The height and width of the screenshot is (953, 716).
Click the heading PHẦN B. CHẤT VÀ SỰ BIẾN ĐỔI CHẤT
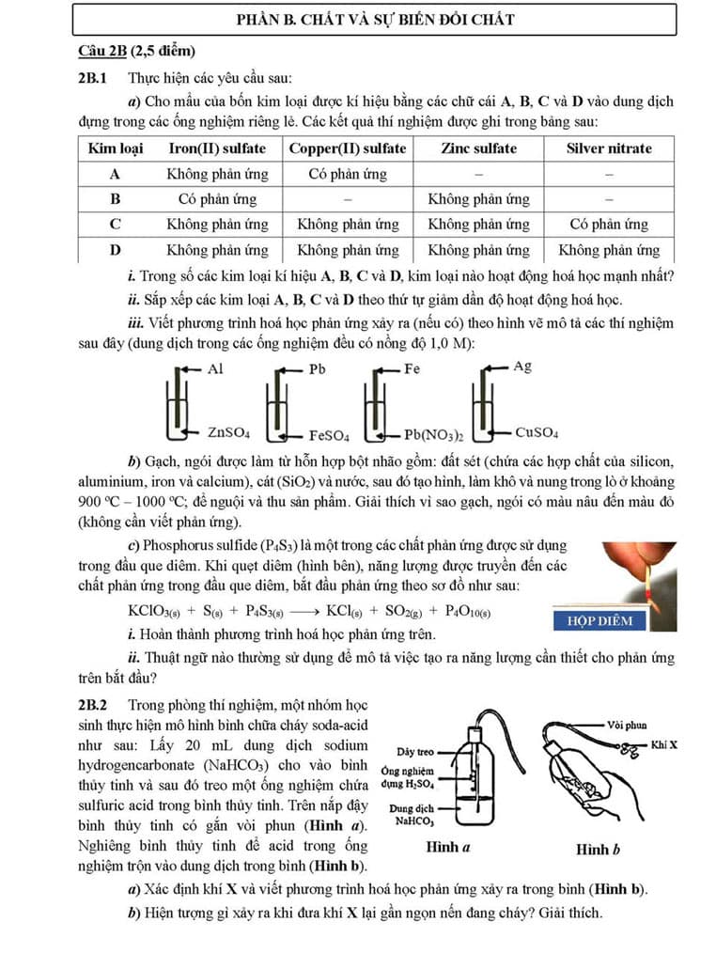click(374, 20)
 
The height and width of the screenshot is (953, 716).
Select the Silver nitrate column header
click(609, 148)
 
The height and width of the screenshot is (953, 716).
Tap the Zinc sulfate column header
click(478, 148)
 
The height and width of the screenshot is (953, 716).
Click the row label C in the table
click(115, 225)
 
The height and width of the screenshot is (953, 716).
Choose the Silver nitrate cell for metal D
click(609, 250)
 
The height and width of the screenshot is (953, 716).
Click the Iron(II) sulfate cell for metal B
click(217, 199)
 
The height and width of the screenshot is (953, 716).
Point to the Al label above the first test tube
click(215, 369)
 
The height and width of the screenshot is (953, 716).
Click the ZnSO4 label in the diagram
click(228, 433)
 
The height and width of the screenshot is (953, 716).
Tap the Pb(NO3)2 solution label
click(434, 435)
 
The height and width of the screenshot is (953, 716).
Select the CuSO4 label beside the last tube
click(537, 433)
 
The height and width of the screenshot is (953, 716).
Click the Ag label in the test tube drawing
click(522, 367)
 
